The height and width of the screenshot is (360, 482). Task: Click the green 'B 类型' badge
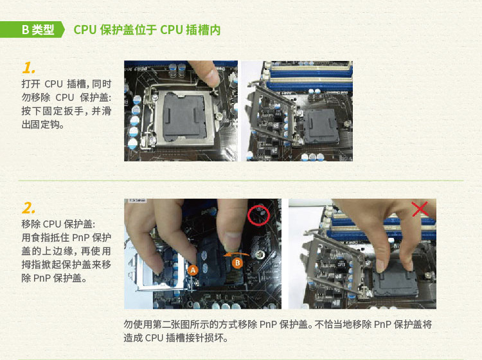pos(32,30)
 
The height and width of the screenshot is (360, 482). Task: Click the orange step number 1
pos(28,68)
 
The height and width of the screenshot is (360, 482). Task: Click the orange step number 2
pos(28,208)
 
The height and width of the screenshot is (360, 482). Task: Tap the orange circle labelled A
pos(193,270)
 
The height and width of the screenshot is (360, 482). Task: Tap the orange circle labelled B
pos(237,263)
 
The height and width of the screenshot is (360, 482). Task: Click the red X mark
pos(420,209)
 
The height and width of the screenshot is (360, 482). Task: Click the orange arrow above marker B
pos(236,254)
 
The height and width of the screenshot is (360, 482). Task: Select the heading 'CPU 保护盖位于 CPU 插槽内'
pos(147,30)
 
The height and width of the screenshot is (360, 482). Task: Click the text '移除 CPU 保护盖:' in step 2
pos(58,224)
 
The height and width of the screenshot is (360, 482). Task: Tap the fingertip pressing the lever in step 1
pos(213,78)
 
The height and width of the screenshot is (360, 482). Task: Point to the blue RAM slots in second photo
pos(310,76)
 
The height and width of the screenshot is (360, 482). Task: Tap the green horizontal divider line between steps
pos(241,181)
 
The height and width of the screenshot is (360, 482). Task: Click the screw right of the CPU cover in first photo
pos(220,116)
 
